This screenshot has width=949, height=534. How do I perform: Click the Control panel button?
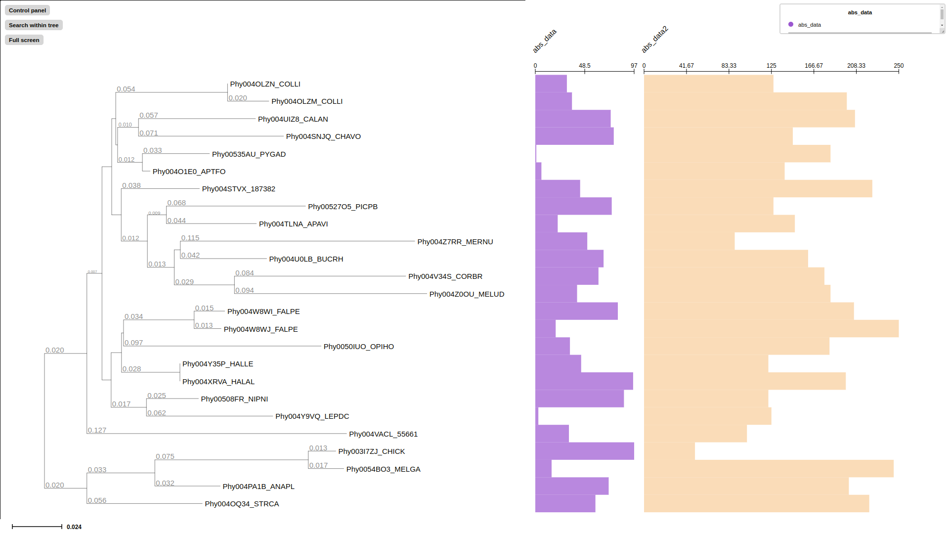(27, 10)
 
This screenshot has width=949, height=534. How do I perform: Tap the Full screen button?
(24, 40)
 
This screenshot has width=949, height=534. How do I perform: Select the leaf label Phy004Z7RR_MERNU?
(455, 242)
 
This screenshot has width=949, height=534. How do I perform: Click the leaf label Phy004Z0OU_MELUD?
(467, 294)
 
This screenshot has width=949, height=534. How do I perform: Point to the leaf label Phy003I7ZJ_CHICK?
(371, 451)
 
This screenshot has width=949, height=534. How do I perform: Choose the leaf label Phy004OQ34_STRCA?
(242, 504)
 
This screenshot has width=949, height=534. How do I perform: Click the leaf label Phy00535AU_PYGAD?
(249, 154)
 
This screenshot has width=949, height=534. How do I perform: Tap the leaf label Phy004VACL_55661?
(383, 434)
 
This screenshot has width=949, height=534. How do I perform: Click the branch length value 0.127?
(97, 430)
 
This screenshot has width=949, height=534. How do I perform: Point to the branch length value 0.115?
(190, 238)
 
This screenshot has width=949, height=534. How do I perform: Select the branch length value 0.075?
(165, 456)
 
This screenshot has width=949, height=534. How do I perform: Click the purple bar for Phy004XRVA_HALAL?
(584, 381)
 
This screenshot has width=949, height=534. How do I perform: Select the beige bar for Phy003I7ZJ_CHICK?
(669, 451)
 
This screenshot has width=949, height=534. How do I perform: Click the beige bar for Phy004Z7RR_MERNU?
(689, 241)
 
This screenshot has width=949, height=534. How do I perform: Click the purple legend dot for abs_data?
(791, 24)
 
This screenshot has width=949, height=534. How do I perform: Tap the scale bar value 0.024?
(74, 527)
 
